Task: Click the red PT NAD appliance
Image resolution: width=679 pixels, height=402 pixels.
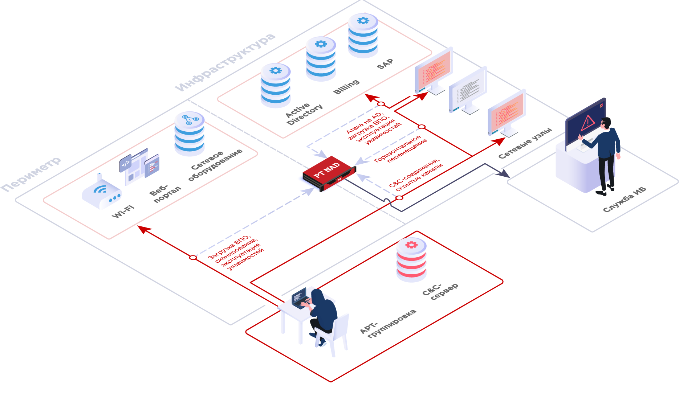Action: [x=329, y=173]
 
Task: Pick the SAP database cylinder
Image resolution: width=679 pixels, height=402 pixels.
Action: [x=363, y=35]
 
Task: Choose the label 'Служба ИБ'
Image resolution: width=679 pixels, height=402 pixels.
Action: [x=625, y=199]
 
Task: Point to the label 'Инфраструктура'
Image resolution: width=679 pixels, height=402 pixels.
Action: [x=225, y=62]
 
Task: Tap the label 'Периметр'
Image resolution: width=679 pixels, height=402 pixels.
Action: [x=31, y=174]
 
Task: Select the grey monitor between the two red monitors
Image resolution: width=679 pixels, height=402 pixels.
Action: [x=467, y=90]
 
